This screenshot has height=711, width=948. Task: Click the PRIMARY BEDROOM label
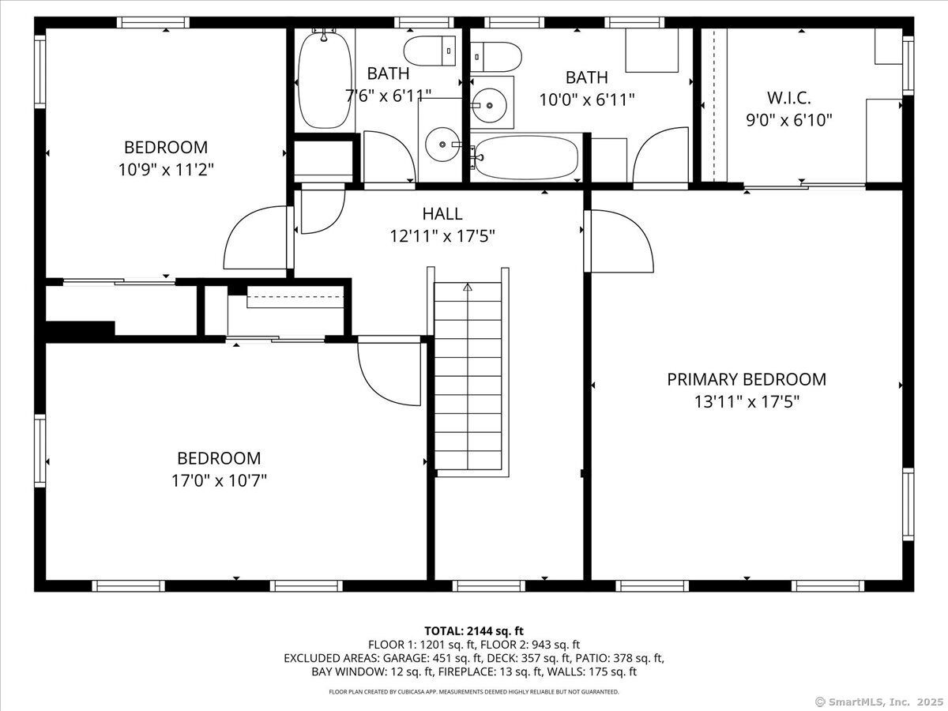click(747, 379)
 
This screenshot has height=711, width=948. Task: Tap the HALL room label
click(442, 213)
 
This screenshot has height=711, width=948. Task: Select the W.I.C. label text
click(788, 98)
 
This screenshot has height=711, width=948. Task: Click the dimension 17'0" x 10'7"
click(219, 480)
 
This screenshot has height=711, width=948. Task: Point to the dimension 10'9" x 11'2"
click(166, 170)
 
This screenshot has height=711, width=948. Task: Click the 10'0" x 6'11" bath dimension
click(587, 100)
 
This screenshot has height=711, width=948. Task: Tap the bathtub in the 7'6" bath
click(325, 80)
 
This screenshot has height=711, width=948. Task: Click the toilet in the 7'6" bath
click(430, 51)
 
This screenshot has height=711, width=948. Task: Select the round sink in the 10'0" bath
click(489, 105)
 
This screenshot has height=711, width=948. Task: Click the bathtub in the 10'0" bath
click(526, 158)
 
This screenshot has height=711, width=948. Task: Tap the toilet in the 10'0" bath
click(496, 57)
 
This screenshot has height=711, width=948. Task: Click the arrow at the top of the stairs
click(468, 287)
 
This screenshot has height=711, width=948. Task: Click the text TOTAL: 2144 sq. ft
click(474, 631)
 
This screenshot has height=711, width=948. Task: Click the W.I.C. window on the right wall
click(908, 66)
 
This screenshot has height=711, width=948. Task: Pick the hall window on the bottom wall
click(489, 586)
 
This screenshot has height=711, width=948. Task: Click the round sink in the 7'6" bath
click(442, 145)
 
